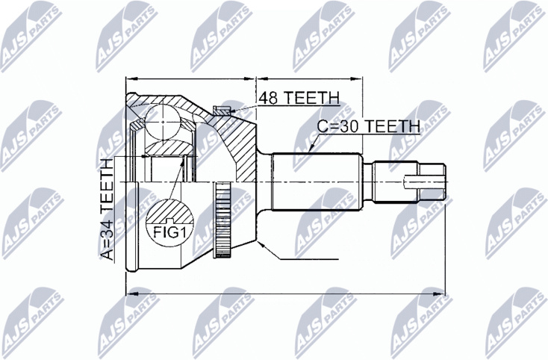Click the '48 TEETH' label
299,98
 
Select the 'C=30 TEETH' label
368,125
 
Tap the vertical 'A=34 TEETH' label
108,209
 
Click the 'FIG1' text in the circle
170,232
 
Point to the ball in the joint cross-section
163,121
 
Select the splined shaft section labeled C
317,181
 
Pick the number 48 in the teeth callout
268,98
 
